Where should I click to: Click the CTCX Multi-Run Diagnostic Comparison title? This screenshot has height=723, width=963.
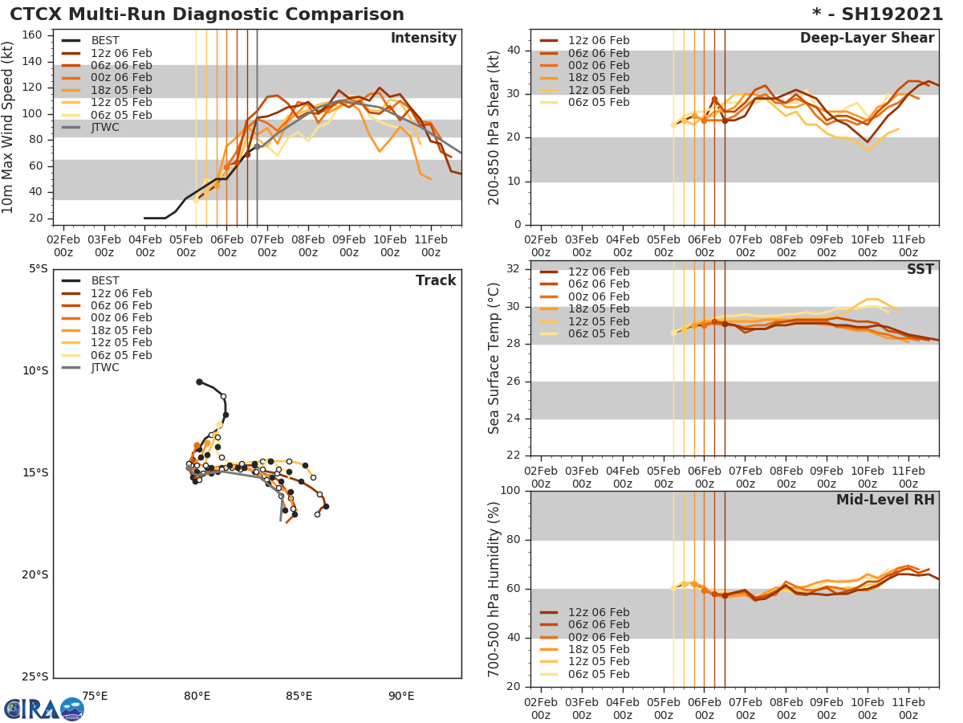207,14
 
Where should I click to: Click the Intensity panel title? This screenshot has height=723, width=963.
423,39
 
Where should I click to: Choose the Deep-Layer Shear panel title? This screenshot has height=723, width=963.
867,39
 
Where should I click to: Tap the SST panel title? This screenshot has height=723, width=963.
920,269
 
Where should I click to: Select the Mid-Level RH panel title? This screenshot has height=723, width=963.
885,500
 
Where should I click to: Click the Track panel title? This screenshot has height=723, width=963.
435,280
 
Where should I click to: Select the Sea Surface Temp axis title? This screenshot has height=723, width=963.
494,357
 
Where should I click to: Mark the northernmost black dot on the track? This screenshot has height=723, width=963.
199,382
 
